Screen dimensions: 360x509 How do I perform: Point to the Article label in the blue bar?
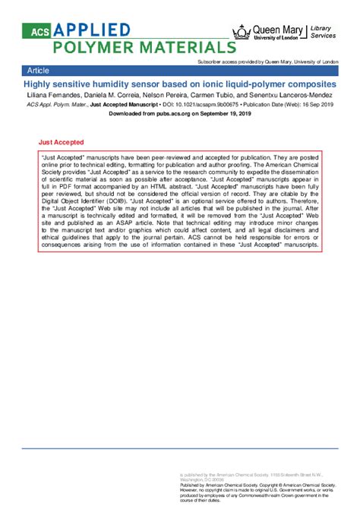click(39, 69)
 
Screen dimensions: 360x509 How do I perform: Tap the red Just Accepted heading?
click(61, 142)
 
